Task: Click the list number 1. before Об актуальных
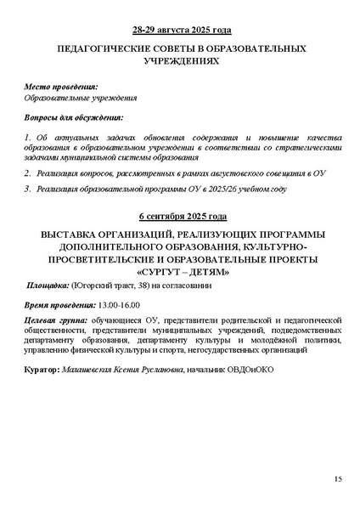pos(29,137)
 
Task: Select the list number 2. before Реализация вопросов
pos(29,172)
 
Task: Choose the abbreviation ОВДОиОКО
pos(250,370)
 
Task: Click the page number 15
pos(337,480)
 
